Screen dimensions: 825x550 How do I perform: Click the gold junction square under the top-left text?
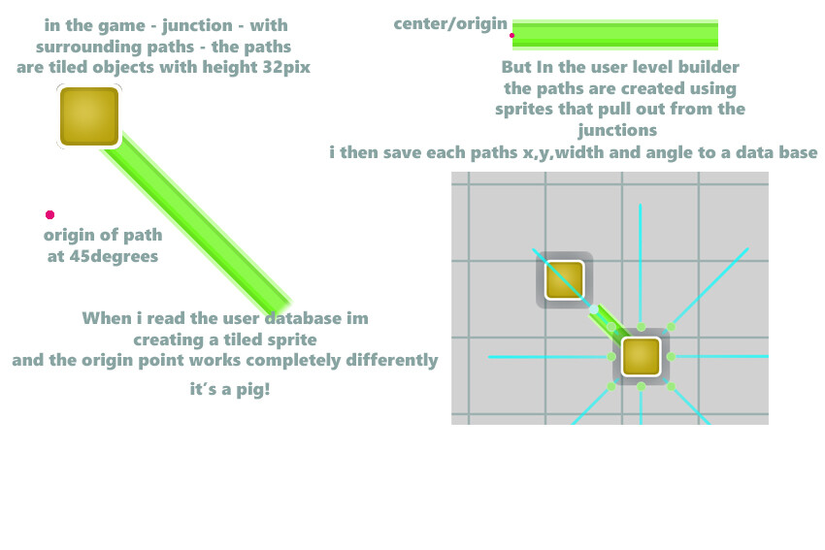(x=89, y=116)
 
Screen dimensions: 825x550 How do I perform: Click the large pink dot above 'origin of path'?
(x=49, y=214)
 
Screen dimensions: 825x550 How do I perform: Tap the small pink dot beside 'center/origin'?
(x=511, y=35)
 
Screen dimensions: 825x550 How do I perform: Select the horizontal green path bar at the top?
(x=615, y=35)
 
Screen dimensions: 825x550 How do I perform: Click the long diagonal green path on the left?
(x=197, y=223)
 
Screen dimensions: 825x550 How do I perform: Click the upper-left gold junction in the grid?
(x=564, y=280)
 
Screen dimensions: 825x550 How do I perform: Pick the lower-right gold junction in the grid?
(x=641, y=357)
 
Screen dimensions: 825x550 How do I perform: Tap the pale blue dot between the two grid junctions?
(x=593, y=309)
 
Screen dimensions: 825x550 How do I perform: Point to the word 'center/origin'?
(x=450, y=23)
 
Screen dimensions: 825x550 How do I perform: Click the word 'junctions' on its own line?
(x=617, y=130)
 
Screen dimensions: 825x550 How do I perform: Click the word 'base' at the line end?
(x=798, y=152)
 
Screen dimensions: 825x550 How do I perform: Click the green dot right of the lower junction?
(x=671, y=357)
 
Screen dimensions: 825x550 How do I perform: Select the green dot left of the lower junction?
(x=611, y=357)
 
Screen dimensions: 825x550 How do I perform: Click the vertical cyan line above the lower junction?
(x=641, y=263)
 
